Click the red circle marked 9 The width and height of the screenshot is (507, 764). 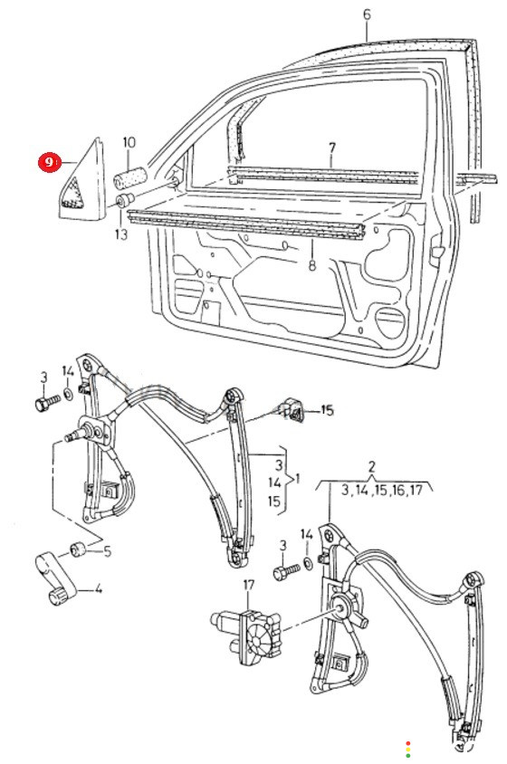49,162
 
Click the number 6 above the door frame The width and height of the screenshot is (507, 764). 367,14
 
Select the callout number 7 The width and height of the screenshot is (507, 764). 332,147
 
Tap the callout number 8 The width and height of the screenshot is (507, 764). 312,265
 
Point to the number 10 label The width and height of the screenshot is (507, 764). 129,143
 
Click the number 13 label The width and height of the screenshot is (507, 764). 121,234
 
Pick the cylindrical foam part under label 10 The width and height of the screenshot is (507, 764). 130,177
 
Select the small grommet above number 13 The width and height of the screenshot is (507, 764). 125,200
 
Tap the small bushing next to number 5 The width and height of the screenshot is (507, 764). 78,549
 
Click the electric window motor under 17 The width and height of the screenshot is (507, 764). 245,634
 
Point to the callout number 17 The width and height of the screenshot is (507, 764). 249,585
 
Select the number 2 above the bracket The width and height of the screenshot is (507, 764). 371,466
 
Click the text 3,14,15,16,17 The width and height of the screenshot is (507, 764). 381,490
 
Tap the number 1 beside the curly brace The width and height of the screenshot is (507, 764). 297,479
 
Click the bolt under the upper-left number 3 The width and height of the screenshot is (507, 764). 47,403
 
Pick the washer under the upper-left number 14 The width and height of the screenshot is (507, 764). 69,393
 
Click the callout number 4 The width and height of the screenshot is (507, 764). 99,588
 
